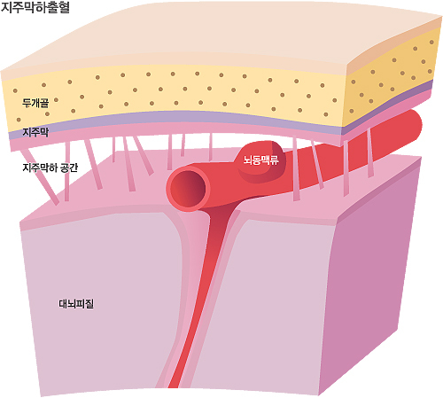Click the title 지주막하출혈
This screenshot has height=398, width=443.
35,7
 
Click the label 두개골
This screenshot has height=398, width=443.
35,103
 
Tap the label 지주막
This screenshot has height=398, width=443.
35,132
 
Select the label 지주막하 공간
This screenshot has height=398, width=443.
51,168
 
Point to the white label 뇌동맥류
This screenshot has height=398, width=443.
261,160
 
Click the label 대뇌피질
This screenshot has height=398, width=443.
76,304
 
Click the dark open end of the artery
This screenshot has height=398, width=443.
188,189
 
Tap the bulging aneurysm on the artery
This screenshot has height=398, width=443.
260,161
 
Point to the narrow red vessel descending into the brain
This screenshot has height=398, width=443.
198,295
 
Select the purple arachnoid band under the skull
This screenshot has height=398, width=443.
177,117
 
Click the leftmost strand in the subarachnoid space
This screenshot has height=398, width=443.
40,176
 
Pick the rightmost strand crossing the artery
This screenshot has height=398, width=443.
369,152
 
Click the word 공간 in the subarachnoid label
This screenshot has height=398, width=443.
69,168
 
